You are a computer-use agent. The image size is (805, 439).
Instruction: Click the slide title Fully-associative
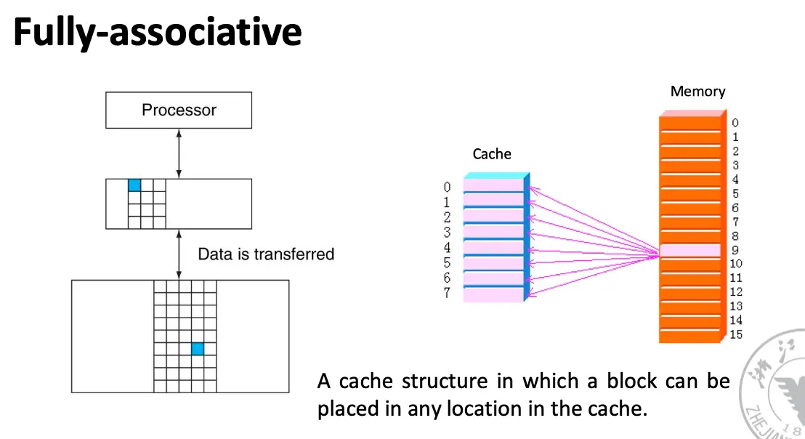[157, 33]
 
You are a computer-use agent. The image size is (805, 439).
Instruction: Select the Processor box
[179, 110]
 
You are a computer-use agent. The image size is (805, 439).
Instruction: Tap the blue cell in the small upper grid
[134, 185]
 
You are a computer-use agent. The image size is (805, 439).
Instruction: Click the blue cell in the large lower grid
[198, 349]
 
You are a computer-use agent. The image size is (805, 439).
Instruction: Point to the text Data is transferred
[266, 254]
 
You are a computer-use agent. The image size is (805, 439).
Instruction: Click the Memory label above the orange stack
[697, 92]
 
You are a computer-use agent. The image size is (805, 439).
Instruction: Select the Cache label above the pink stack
[492, 154]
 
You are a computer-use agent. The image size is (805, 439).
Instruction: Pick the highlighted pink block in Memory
[690, 251]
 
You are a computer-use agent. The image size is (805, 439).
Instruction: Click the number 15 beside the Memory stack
[736, 334]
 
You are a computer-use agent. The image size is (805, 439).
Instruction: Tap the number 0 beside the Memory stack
[735, 124]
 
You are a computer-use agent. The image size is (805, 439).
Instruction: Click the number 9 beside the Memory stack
[735, 250]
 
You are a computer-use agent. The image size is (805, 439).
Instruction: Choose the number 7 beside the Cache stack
[448, 294]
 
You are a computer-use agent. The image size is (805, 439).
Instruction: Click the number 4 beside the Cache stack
[448, 248]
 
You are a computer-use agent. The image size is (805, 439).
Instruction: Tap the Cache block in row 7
[493, 294]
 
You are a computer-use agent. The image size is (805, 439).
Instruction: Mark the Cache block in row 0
[493, 186]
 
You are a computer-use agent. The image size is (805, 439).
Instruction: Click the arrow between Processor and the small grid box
[179, 153]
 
